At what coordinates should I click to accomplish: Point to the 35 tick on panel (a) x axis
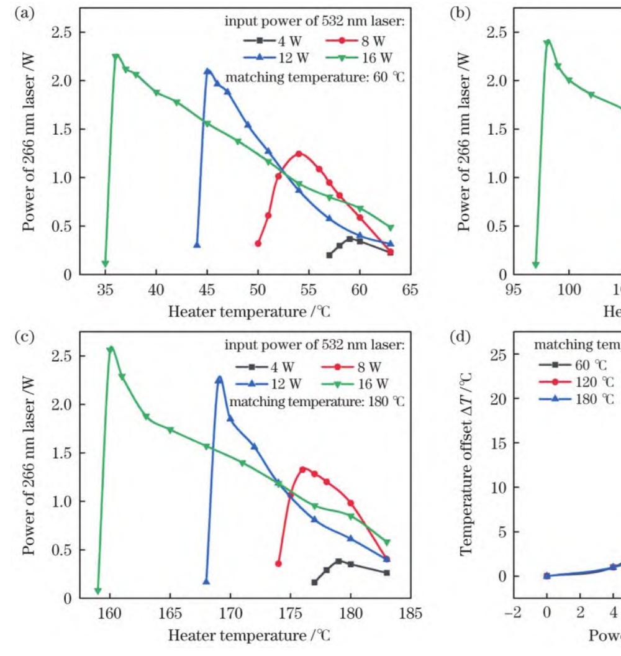click(105, 289)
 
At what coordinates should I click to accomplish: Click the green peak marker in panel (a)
click(116, 57)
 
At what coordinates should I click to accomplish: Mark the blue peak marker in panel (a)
click(207, 71)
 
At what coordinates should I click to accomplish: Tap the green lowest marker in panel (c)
click(97, 591)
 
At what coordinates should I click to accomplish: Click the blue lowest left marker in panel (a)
click(197, 245)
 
